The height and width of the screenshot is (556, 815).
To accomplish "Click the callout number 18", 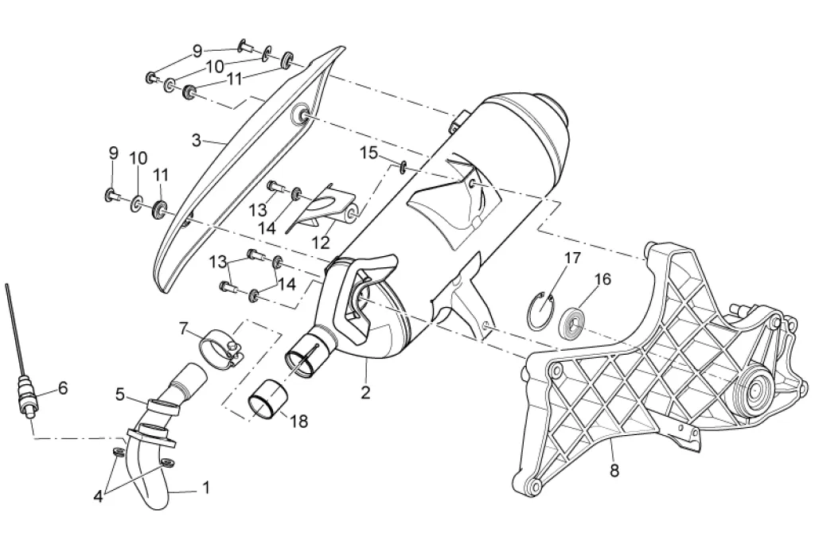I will click(x=300, y=422).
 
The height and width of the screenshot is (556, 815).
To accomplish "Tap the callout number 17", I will click(x=573, y=258).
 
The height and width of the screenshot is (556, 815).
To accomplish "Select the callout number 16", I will click(x=602, y=279).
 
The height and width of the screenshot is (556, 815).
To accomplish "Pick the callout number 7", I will click(x=183, y=328).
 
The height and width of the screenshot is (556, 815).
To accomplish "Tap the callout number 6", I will click(x=63, y=388).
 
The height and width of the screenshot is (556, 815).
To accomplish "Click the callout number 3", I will click(x=197, y=141).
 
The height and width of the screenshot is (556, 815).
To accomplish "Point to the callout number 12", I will click(x=322, y=240).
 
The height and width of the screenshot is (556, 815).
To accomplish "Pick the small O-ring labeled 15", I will click(x=404, y=166).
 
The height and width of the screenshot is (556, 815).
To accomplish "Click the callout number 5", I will click(x=120, y=393).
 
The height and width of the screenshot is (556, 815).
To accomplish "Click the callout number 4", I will click(x=98, y=496).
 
